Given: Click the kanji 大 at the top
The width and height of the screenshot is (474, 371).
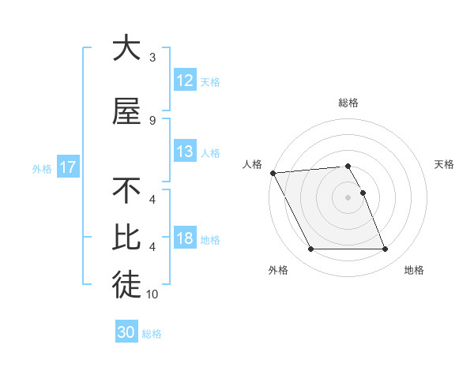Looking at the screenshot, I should click(x=126, y=49).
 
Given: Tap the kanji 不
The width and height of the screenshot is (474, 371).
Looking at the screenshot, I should click(x=126, y=192).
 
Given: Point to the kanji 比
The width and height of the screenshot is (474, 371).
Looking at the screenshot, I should click(x=126, y=238).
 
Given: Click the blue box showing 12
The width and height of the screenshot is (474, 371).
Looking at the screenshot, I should click(x=184, y=81).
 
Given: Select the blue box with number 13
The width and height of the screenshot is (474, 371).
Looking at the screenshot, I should click(x=184, y=152).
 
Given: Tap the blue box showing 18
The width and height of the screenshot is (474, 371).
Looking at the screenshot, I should click(x=184, y=238).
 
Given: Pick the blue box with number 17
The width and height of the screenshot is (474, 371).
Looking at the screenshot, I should click(x=68, y=167).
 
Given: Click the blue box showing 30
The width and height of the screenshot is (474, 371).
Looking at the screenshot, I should click(x=126, y=332).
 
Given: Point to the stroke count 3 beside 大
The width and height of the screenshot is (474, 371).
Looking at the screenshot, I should click(x=152, y=58).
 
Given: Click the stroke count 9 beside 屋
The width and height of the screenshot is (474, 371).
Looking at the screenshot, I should click(x=152, y=120).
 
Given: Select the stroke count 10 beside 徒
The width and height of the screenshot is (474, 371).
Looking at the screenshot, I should click(x=152, y=294).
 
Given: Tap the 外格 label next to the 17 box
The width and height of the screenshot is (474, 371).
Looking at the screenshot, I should click(x=41, y=168).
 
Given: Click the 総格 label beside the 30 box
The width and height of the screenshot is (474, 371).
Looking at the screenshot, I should click(x=152, y=333).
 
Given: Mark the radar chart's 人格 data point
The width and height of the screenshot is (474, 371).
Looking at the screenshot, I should click(x=273, y=173).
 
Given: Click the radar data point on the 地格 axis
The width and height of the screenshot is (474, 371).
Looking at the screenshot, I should click(x=386, y=249).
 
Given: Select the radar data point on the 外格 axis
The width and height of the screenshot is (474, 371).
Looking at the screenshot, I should click(x=310, y=249).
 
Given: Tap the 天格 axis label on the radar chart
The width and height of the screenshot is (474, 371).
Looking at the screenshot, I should click(x=445, y=164).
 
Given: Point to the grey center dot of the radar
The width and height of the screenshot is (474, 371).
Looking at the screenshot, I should click(x=348, y=197).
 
